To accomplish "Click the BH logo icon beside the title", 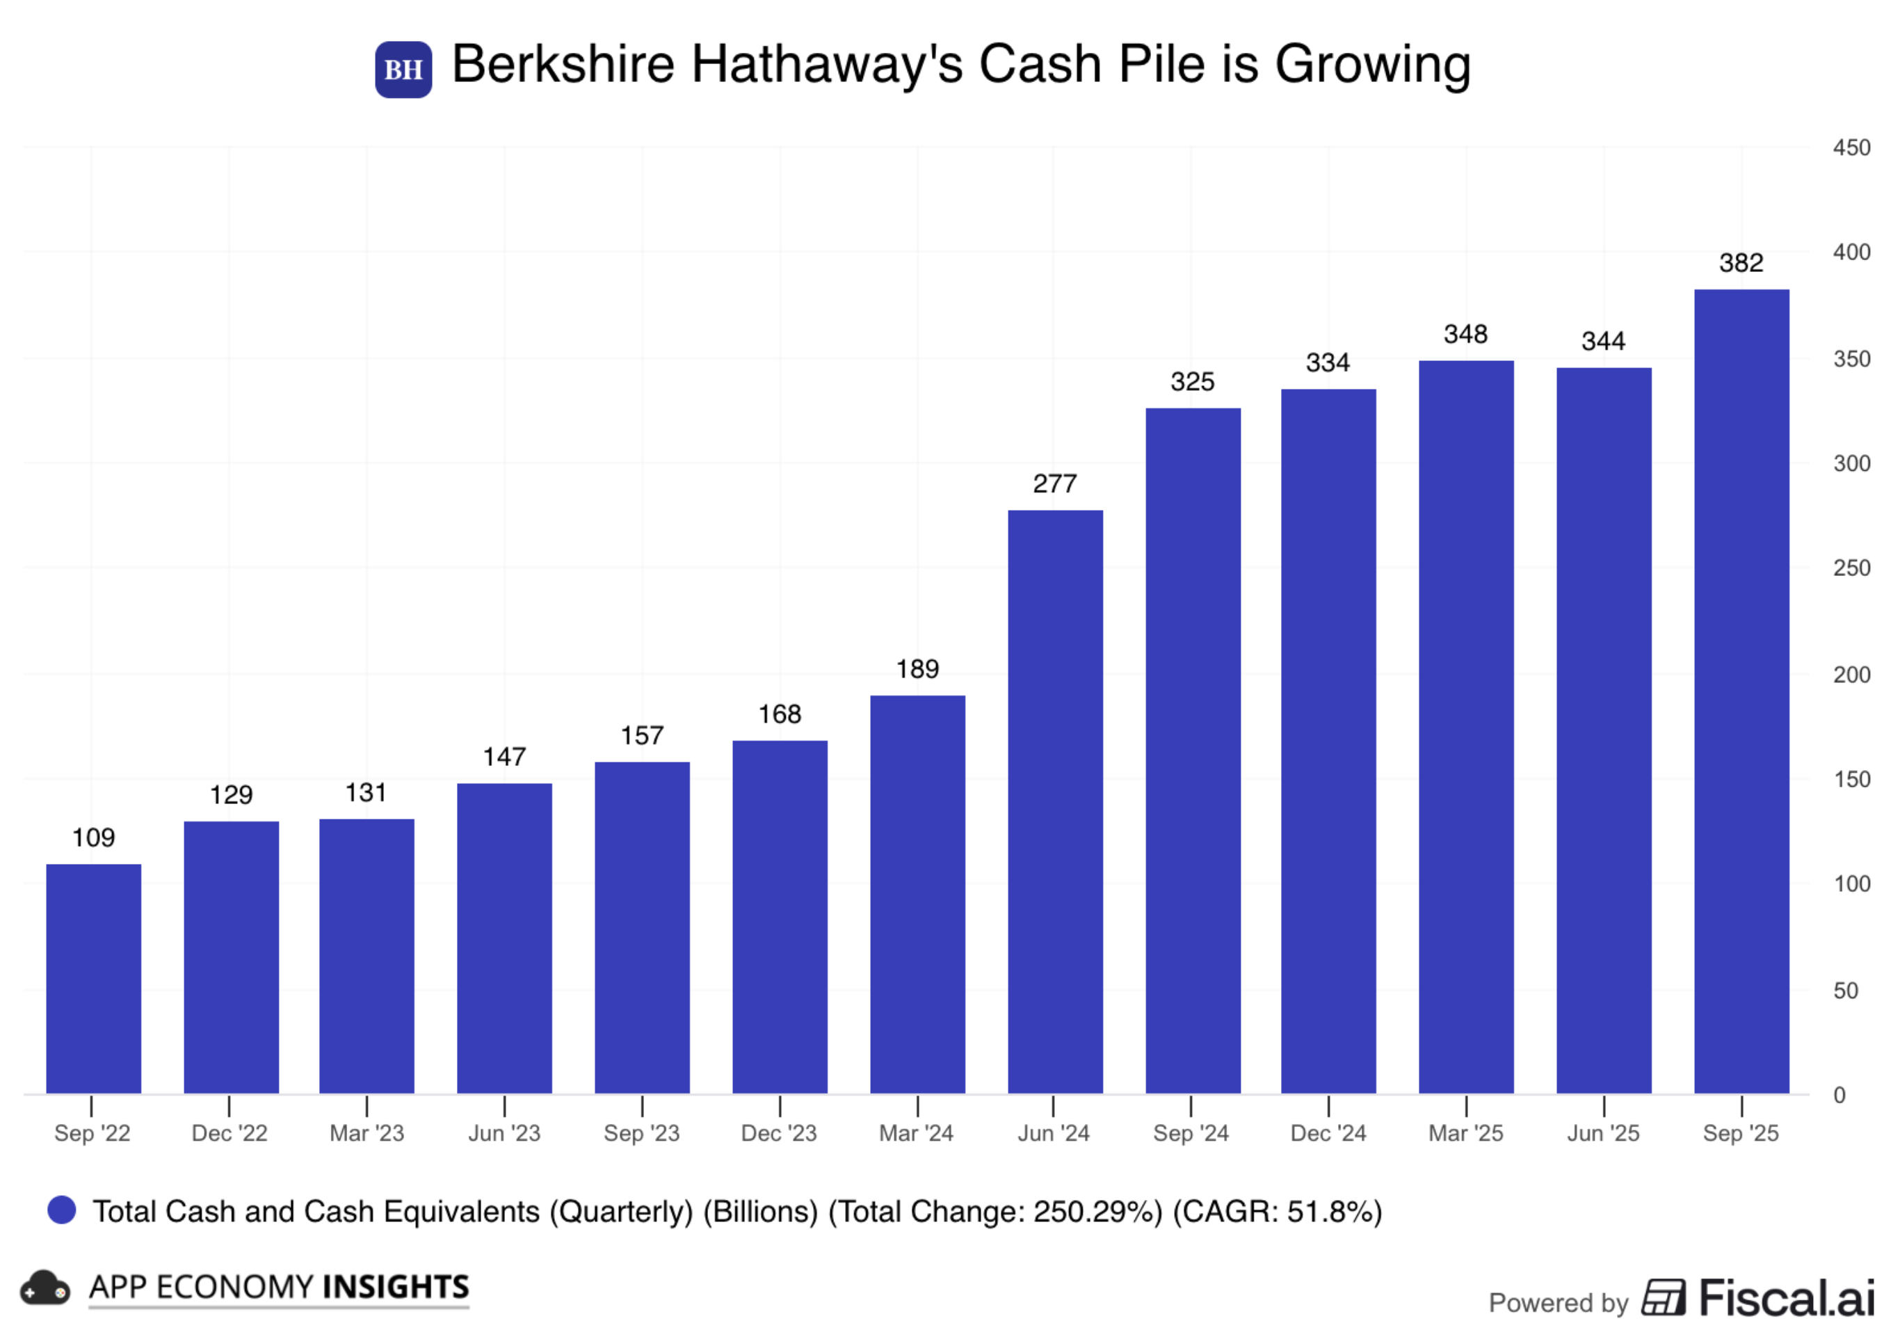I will point(403,70).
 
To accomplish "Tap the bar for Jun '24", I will point(1055,801).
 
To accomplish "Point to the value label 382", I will point(1741,263).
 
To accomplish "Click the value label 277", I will point(1054,483).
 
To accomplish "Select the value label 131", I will point(366,793).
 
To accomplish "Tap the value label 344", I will point(1603,341).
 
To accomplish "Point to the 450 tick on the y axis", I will point(1851,148).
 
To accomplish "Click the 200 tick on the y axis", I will point(1851,675).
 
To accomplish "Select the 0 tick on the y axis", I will point(1839,1095).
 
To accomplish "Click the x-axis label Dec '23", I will point(779,1133).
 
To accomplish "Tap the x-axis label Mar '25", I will point(1465,1133).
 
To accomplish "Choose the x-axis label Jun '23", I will point(504,1133).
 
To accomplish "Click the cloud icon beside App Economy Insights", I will point(45,1288).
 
